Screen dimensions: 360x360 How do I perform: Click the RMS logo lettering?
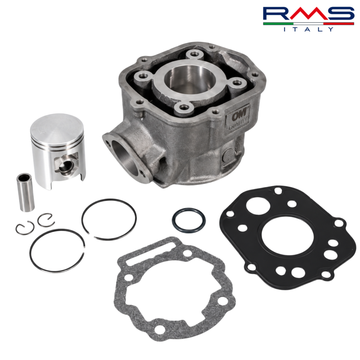pos(308,13)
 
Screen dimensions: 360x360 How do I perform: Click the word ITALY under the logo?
pos(308,29)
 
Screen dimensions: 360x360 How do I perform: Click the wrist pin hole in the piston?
pos(66,167)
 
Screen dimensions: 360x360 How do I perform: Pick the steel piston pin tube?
pos(25,192)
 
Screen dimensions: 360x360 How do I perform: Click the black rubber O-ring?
pos(189,220)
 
